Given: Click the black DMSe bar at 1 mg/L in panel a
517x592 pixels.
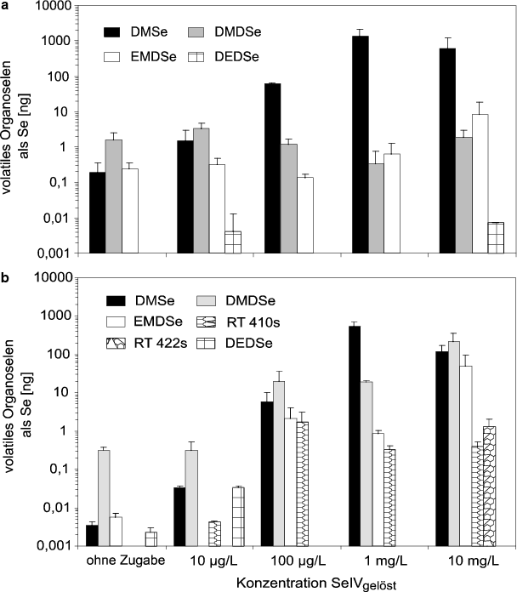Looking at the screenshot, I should point(360,145).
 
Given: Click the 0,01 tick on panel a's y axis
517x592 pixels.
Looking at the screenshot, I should point(57,218).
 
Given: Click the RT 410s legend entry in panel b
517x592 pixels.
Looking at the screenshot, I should point(242,322).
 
